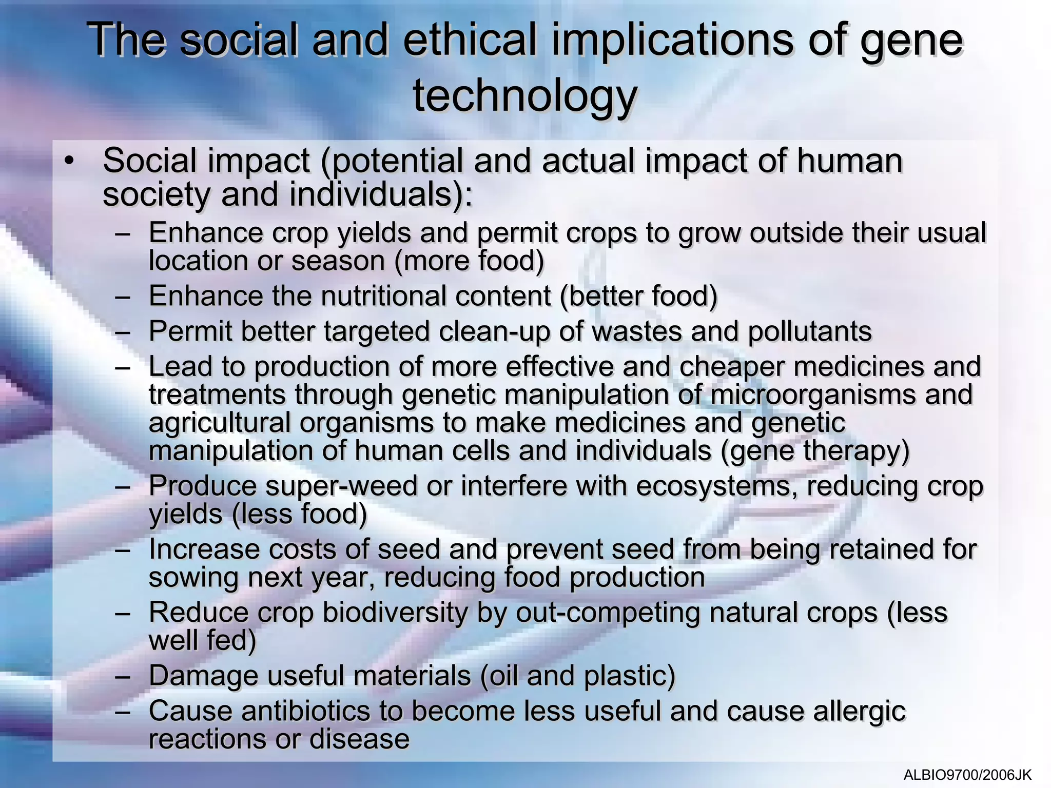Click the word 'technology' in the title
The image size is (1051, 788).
(525, 96)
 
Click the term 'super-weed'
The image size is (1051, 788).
(341, 486)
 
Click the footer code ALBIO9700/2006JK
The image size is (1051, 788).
(967, 775)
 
